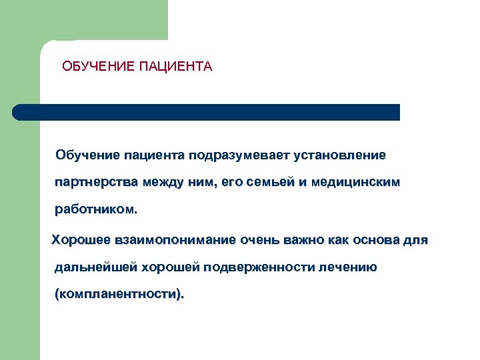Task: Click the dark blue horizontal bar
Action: tap(207, 112)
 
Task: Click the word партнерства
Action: tap(97, 183)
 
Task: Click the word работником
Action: tap(96, 210)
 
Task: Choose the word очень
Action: tap(258, 239)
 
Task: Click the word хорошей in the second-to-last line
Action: tap(171, 267)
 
